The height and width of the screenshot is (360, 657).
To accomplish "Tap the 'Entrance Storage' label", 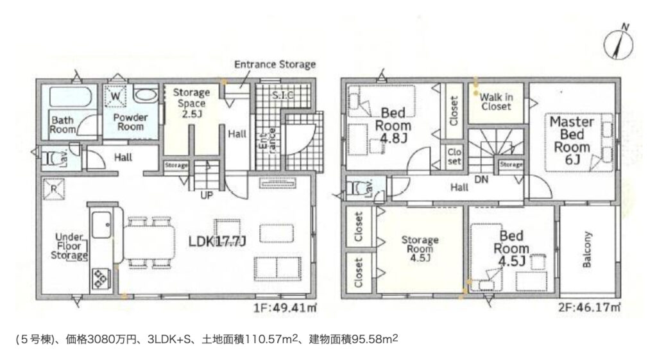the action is coord(275,65).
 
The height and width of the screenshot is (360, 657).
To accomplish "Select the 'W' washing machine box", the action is coord(115,96).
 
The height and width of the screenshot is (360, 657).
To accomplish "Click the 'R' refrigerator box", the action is coord(54,189).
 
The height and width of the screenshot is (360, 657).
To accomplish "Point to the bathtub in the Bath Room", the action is coord(71,97).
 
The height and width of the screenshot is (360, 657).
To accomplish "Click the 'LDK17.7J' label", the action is coord(217,241).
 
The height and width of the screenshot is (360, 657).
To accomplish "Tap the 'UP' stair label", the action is coord(207,195).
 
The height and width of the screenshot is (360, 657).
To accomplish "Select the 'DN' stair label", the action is coord(481,180).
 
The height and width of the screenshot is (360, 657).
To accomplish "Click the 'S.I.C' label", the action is coord(283,95).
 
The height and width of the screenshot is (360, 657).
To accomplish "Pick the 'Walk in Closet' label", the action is coord(496,102).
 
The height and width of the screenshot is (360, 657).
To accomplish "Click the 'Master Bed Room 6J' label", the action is coord(572,141).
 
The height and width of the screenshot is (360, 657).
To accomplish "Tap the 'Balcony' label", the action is coord(586,250).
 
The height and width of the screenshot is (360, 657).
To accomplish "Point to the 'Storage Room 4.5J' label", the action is coord(420,248).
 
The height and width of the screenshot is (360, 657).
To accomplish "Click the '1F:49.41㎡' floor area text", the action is coord(285,308).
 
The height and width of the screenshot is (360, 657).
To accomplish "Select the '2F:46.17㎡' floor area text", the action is coord(590,307).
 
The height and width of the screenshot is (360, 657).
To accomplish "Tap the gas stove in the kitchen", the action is coord(101,279).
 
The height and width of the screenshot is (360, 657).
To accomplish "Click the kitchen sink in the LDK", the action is coord(101,225).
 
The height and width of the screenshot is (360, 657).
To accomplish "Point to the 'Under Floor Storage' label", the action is coord(69,246).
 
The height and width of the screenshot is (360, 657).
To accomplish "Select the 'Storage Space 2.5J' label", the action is coord(191,103).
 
